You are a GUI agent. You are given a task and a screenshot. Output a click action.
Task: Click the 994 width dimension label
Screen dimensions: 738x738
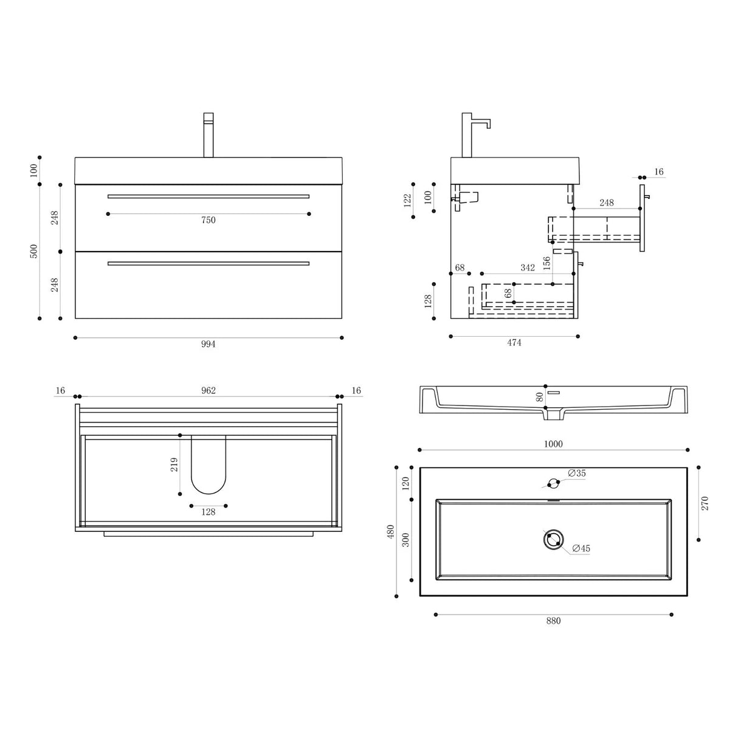pyautogui.click(x=208, y=344)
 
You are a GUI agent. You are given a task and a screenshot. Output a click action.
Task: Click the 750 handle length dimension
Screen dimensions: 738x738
pyautogui.click(x=208, y=221)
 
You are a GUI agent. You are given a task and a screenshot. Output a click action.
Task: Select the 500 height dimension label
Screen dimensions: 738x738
pyautogui.click(x=34, y=251)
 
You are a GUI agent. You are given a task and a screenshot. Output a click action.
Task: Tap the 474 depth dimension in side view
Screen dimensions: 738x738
pyautogui.click(x=514, y=343)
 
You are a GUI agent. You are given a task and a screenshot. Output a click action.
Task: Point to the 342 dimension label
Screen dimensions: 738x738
pyautogui.click(x=527, y=267)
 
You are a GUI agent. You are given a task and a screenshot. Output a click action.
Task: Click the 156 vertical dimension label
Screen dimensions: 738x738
pyautogui.click(x=547, y=263)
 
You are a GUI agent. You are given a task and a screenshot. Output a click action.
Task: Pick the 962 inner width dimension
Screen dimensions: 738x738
pyautogui.click(x=208, y=390)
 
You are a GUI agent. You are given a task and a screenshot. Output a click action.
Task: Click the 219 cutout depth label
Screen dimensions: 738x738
pyautogui.click(x=174, y=465)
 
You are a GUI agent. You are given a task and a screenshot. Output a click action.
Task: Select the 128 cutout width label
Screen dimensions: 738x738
pyautogui.click(x=208, y=512)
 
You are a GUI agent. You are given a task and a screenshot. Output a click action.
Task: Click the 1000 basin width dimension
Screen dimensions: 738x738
pyautogui.click(x=553, y=444)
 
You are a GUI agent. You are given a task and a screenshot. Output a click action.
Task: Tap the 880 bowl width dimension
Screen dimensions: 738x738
pyautogui.click(x=553, y=621)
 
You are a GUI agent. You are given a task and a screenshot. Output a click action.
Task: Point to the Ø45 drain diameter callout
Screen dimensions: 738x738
pyautogui.click(x=581, y=549)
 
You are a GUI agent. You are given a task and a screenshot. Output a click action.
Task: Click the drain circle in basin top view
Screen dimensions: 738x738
pyautogui.click(x=553, y=540)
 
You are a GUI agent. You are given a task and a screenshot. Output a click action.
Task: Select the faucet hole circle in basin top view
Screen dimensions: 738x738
pyautogui.click(x=553, y=484)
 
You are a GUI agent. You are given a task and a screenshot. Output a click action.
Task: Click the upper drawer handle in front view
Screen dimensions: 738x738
pyautogui.click(x=208, y=196)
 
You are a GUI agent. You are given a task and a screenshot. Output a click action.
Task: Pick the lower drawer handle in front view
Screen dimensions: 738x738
pyautogui.click(x=208, y=263)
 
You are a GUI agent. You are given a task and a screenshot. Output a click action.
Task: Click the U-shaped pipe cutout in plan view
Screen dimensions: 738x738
pyautogui.click(x=208, y=465)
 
